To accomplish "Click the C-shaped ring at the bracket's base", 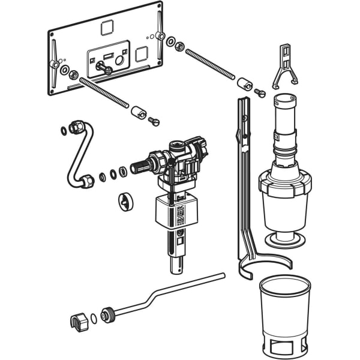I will [264, 264].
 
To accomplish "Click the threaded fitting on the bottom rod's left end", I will [109, 314].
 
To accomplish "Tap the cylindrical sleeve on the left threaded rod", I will [139, 112].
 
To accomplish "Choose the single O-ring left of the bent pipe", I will [64, 130].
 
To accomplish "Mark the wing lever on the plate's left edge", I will [54, 57].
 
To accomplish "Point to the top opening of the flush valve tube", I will [285, 98].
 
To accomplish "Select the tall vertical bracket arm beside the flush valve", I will [243, 162].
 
